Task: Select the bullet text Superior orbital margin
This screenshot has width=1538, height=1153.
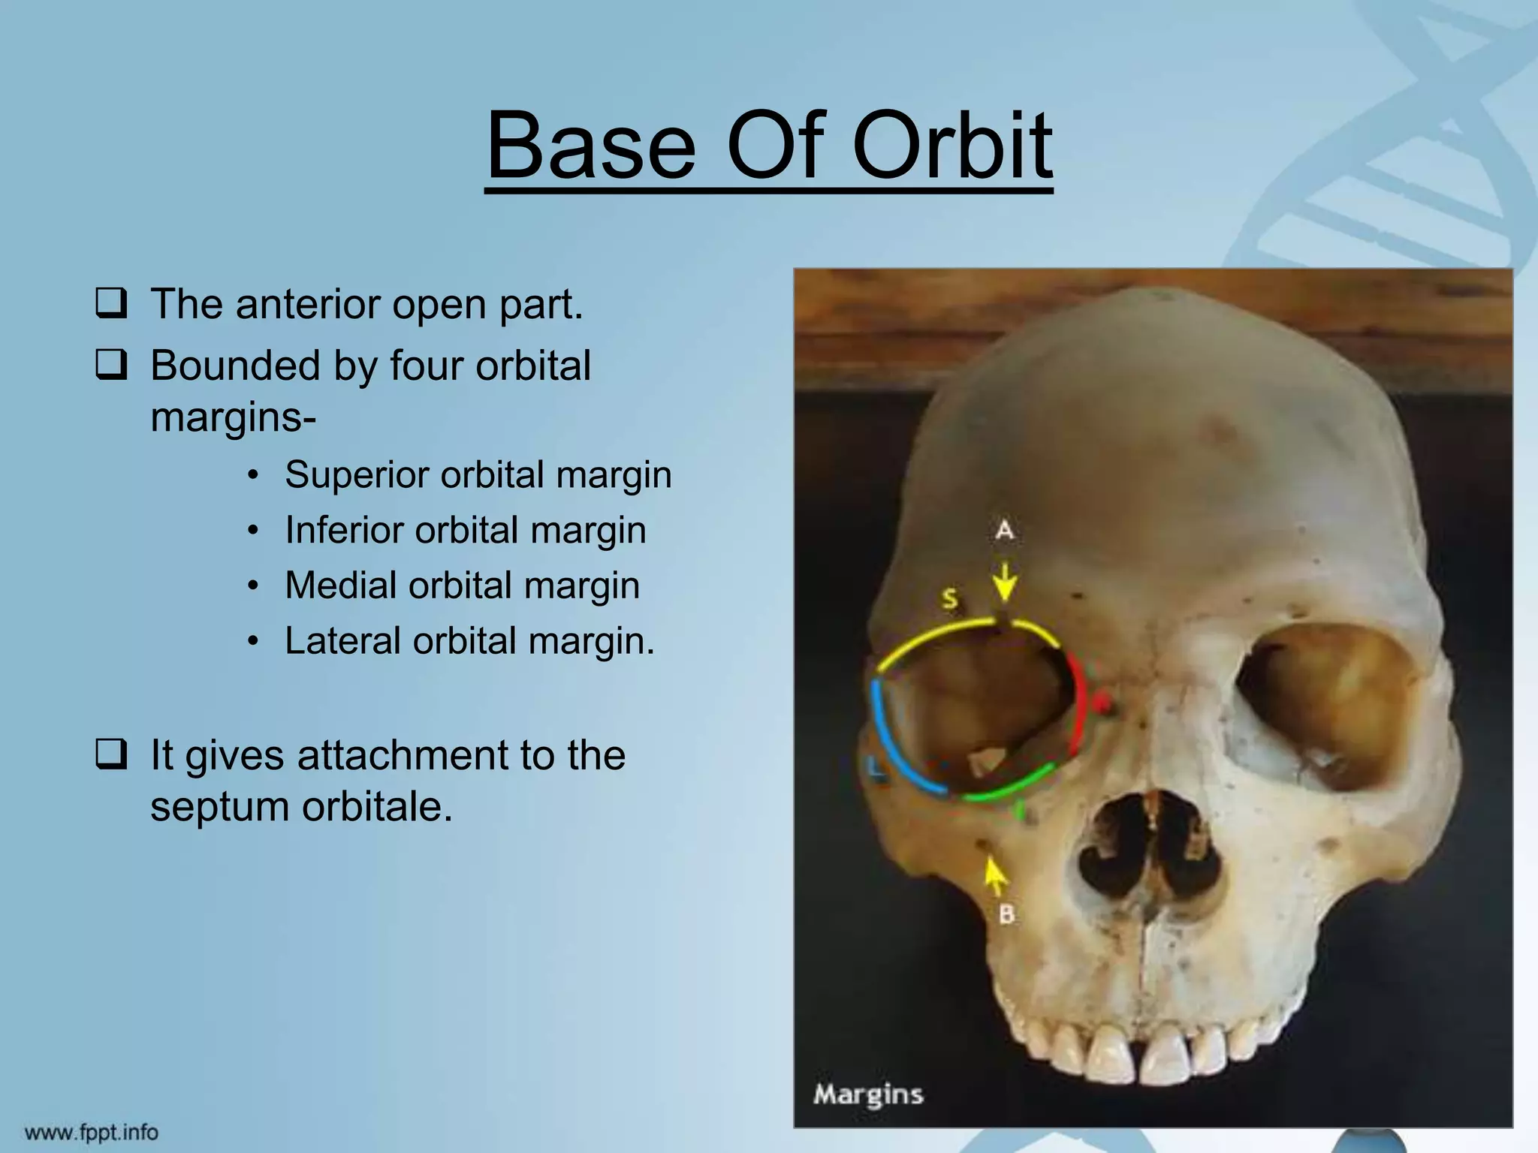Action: (x=478, y=475)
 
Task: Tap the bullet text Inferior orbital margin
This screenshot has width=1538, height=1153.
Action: (x=465, y=531)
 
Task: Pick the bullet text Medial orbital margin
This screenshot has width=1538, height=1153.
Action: (x=462, y=586)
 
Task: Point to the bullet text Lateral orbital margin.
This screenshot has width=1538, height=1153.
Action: (x=469, y=642)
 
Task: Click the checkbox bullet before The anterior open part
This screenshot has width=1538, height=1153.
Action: (x=110, y=305)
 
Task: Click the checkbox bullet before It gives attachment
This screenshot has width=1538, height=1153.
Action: (x=110, y=755)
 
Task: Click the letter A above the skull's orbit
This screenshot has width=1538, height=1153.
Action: (x=1004, y=531)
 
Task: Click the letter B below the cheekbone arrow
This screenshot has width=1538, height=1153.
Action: (x=1006, y=914)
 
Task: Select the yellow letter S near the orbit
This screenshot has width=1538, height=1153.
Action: (x=950, y=599)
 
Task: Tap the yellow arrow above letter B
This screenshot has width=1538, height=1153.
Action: (x=994, y=874)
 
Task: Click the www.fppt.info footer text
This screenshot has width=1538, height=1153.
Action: (x=92, y=1132)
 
